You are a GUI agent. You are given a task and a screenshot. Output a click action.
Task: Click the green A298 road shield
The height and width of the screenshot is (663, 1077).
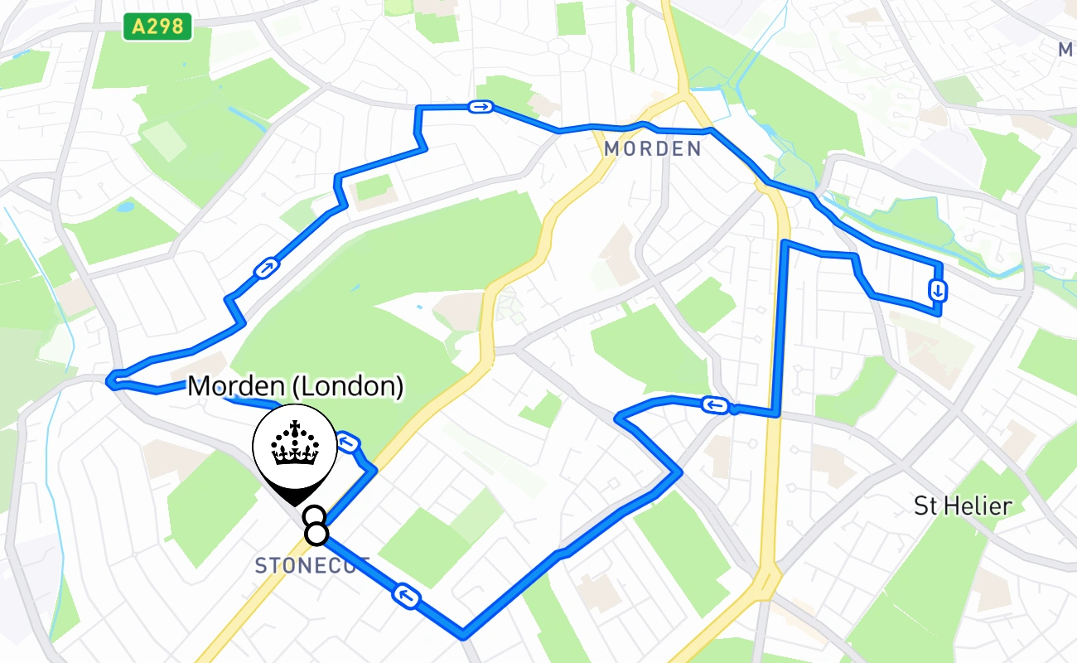157,27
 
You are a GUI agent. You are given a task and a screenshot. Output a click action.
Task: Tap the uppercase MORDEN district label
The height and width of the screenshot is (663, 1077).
653,149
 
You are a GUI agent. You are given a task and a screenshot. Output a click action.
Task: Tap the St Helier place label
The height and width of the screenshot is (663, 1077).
963,505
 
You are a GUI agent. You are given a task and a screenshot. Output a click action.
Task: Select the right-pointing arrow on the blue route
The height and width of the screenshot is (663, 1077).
481,107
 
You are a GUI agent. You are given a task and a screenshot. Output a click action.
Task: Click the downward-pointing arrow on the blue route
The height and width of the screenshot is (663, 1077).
938,291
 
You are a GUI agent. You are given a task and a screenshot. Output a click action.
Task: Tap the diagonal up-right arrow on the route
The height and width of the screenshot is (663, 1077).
265,269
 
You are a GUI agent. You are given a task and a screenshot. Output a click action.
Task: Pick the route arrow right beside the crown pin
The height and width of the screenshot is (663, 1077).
349,444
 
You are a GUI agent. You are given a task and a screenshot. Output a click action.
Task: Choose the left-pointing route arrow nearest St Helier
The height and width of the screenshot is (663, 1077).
715,405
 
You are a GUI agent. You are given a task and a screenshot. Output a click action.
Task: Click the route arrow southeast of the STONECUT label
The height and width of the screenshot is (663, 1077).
406,595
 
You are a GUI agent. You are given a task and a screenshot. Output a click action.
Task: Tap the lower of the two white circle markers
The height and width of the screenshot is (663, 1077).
316,535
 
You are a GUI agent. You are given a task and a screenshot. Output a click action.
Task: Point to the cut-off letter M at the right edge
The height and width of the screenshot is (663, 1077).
1067,51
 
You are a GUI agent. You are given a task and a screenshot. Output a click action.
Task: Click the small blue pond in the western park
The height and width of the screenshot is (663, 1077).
124,206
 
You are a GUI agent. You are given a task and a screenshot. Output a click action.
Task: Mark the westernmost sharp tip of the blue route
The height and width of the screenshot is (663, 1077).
109,380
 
